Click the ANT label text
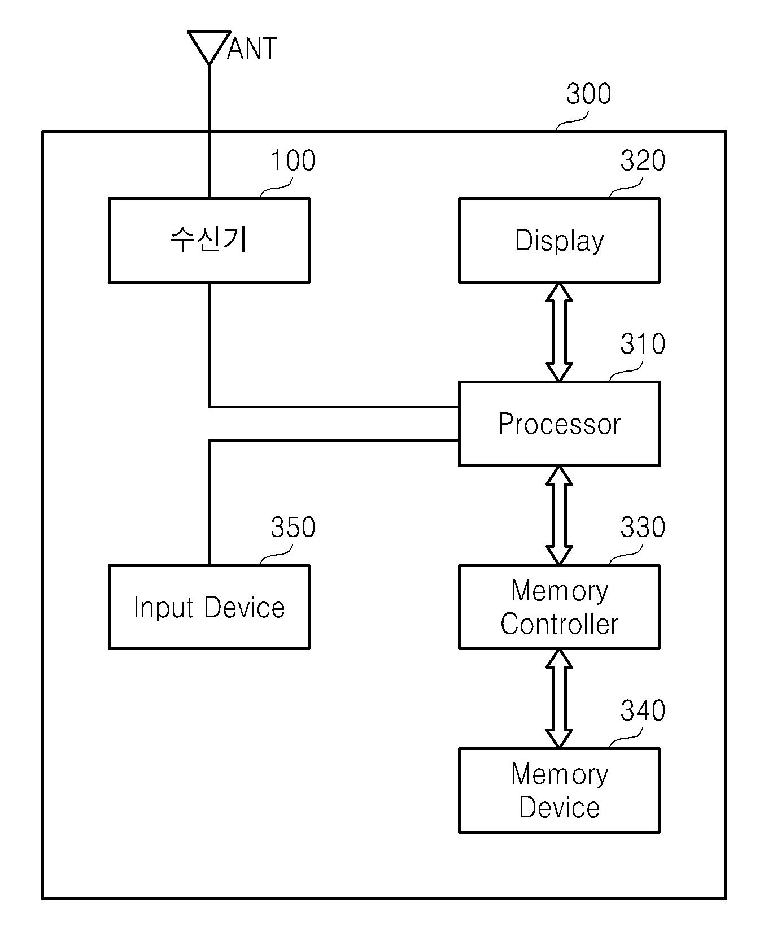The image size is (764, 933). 252,49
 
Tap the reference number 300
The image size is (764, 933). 588,94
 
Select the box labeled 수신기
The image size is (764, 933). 209,240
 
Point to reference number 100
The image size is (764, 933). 293,161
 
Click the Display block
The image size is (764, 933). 559,240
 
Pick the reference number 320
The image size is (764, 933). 643,161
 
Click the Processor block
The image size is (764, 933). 559,424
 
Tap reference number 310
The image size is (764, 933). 643,344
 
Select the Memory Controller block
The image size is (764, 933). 559,607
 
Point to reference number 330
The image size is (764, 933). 643,527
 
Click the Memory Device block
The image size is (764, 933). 559,790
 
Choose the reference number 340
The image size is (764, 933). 643,710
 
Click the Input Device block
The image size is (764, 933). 209,607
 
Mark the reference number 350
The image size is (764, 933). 293,527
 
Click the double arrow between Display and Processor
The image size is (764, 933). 559,332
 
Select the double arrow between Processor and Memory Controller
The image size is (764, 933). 559,516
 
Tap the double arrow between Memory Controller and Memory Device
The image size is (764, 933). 559,699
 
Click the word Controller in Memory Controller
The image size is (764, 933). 559,625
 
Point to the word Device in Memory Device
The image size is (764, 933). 559,808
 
